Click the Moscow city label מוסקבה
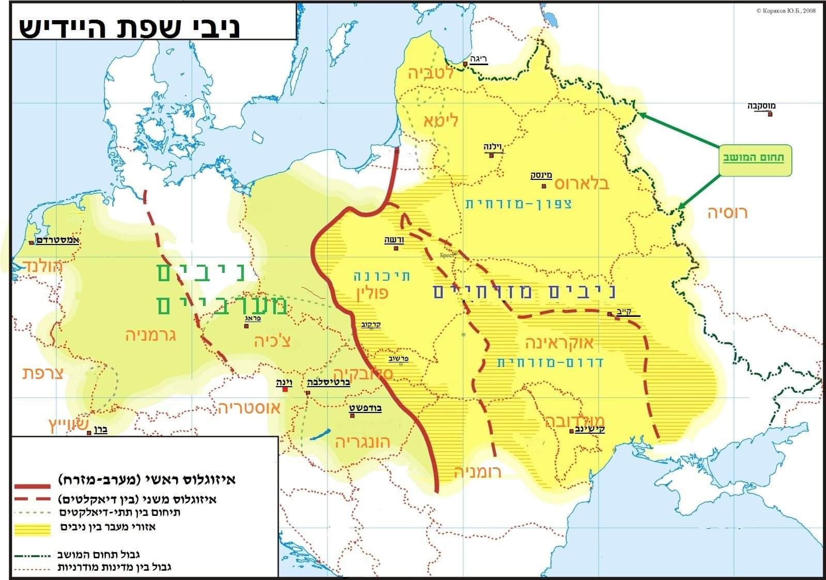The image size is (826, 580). [x=761, y=106]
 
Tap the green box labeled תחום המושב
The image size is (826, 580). [x=754, y=158]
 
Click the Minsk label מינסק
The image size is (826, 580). [x=541, y=175]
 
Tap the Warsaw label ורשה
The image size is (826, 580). [x=394, y=240]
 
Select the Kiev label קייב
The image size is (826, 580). [x=624, y=312]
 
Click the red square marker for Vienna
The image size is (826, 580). [x=285, y=390]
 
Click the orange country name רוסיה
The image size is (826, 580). [x=727, y=212]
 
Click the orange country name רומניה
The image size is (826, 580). [x=477, y=471]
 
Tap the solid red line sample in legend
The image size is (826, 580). [x=33, y=486]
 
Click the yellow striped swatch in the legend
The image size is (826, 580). [x=33, y=529]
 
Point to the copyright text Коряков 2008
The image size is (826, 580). [x=786, y=10]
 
